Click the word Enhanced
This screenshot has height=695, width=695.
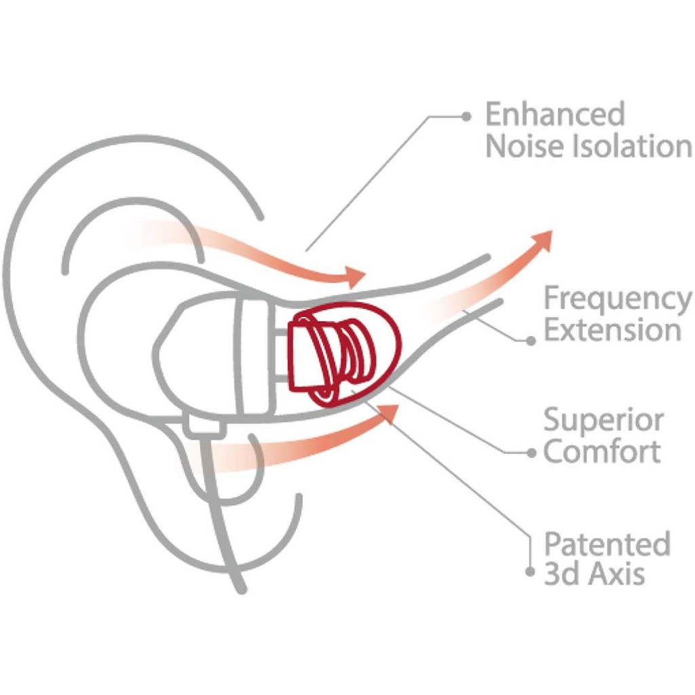(x=555, y=114)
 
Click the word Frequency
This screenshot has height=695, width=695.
(x=618, y=299)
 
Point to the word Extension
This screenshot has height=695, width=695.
(x=612, y=331)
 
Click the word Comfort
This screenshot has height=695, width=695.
(x=601, y=451)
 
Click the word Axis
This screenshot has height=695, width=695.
(x=616, y=575)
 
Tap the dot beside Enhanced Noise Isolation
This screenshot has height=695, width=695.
(x=466, y=116)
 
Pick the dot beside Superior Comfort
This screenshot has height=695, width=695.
(x=531, y=453)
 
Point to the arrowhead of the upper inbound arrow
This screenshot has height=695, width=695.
(x=354, y=277)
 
